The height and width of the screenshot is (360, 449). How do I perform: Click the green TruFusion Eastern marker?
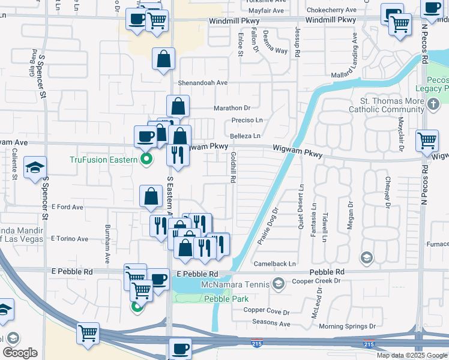145,159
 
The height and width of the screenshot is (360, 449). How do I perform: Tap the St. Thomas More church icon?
434,104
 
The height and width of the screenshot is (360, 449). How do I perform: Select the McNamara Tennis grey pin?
278,283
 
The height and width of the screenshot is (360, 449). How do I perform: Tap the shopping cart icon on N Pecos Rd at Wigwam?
427,141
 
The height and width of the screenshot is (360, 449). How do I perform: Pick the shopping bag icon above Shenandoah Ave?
163,60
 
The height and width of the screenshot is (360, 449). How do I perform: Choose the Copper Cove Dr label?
267,312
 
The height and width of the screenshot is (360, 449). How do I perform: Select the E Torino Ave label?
70,239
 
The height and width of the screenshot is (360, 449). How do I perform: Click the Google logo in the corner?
20,353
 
